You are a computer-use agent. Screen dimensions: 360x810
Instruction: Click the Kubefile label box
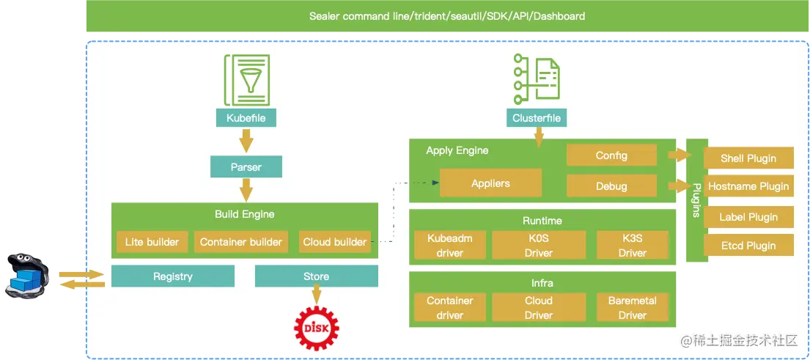pyautogui.click(x=246, y=117)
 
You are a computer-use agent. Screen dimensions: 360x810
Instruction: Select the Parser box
pyautogui.click(x=246, y=166)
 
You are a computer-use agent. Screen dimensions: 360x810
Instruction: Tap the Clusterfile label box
pyautogui.click(x=537, y=117)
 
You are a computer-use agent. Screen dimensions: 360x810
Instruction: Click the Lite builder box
pyautogui.click(x=152, y=242)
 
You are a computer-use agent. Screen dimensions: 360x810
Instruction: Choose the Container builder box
pyautogui.click(x=241, y=242)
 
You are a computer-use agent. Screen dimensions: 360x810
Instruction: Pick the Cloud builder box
pyautogui.click(x=334, y=242)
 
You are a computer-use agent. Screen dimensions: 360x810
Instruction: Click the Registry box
pyautogui.click(x=172, y=276)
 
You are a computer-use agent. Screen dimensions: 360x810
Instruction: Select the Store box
pyautogui.click(x=316, y=276)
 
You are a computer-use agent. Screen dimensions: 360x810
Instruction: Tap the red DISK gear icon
pyautogui.click(x=316, y=327)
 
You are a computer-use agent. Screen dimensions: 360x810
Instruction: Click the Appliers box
pyautogui.click(x=490, y=183)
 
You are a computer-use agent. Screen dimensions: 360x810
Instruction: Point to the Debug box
pyautogui.click(x=611, y=185)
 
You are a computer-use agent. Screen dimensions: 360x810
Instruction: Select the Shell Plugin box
pyautogui.click(x=748, y=158)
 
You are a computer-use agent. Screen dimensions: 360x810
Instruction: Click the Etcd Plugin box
pyautogui.click(x=748, y=246)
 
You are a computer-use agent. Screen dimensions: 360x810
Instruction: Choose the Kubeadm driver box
pyautogui.click(x=450, y=245)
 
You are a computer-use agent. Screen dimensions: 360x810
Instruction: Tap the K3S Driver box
pyautogui.click(x=632, y=245)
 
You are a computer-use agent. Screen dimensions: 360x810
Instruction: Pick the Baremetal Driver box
pyautogui.click(x=632, y=308)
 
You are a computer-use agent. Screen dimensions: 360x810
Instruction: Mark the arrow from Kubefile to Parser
pyautogui.click(x=246, y=139)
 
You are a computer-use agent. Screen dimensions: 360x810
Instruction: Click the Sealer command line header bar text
pyautogui.click(x=447, y=16)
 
